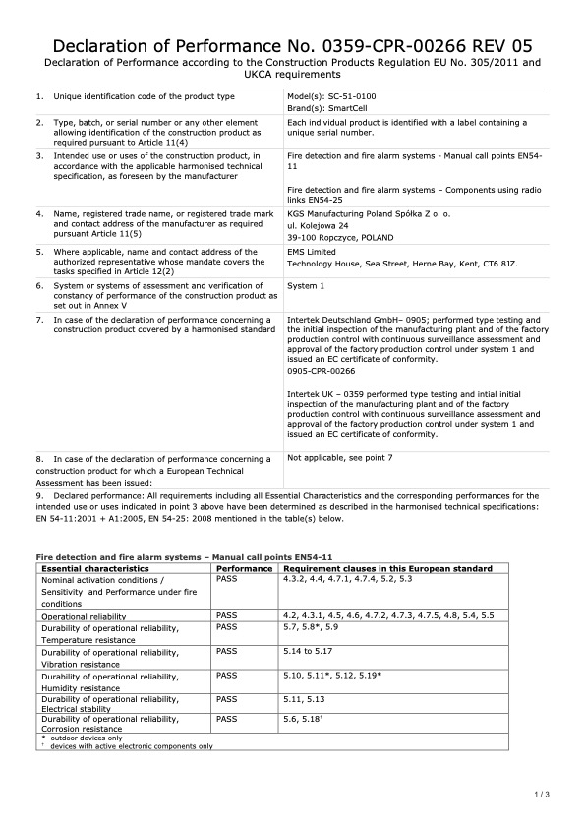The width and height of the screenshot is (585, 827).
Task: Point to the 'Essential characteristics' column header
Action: click(x=95, y=569)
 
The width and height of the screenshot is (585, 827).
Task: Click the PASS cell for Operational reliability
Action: click(x=227, y=615)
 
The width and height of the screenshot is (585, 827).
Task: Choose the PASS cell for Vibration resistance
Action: click(x=227, y=651)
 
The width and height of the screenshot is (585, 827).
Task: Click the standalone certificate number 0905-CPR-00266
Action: click(x=321, y=372)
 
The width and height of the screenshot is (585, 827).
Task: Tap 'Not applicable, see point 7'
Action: click(x=339, y=458)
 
